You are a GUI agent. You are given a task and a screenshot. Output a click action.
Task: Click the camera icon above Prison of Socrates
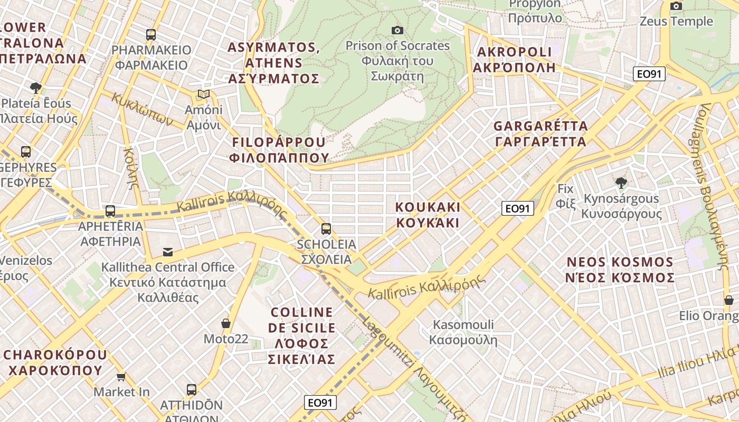tap(397, 30)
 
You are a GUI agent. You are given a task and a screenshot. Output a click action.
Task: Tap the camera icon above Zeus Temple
tap(676, 6)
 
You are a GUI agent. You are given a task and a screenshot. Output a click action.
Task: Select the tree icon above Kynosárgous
tap(621, 183)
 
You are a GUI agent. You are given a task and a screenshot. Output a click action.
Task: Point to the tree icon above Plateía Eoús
tap(36, 88)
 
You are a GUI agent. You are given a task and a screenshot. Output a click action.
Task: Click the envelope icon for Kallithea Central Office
tap(168, 252)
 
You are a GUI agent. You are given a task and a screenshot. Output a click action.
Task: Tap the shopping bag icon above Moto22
tap(226, 323)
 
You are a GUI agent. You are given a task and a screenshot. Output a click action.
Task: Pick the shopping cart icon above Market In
tap(121, 377)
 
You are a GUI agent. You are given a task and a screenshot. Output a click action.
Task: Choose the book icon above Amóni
tap(204, 94)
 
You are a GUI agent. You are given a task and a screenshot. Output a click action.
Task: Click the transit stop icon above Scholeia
tap(326, 229)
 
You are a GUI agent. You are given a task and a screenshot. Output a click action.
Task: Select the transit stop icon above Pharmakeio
tap(151, 35)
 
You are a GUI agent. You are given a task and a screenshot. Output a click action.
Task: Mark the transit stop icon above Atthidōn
tap(192, 390)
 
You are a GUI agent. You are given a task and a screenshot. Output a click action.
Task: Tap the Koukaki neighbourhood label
tap(428, 214)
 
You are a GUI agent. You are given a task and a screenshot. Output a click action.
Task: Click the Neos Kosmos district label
tap(620, 270)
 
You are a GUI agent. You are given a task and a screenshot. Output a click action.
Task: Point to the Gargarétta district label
tap(541, 133)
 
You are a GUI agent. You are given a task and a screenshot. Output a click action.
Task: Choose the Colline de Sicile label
tap(301, 335)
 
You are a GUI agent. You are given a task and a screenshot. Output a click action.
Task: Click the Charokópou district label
tap(55, 362)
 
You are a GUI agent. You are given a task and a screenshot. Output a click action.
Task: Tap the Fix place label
tap(565, 196)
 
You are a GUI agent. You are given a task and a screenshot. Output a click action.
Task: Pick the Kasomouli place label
tap(463, 332)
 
